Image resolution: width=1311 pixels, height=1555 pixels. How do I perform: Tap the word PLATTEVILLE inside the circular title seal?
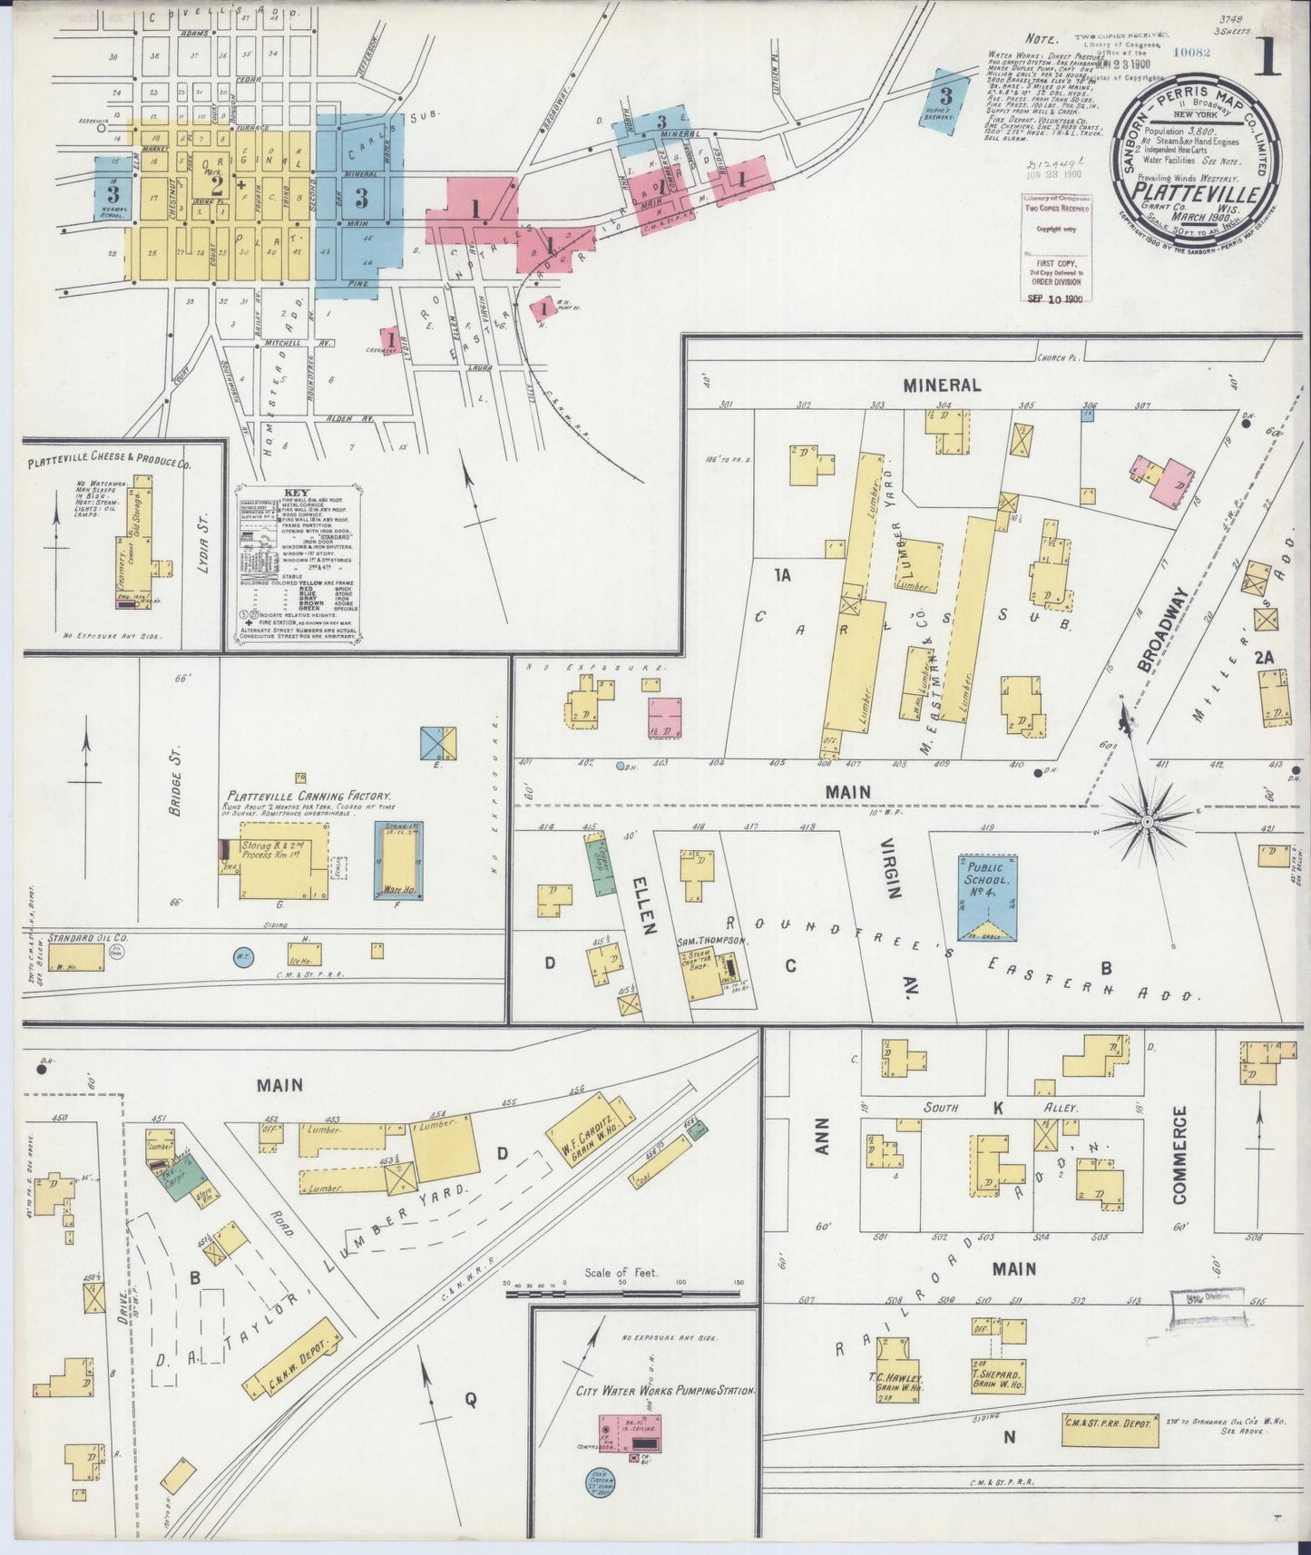click(x=1197, y=194)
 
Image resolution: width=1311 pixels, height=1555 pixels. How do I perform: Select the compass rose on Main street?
click(x=1147, y=821)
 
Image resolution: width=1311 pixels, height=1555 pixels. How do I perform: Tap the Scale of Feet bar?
click(x=621, y=1292)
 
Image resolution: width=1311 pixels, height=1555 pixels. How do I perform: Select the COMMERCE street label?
click(x=1179, y=1154)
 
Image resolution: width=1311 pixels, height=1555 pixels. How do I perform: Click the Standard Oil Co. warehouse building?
click(x=76, y=959)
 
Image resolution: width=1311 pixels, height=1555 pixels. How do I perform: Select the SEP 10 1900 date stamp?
click(x=1056, y=298)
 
